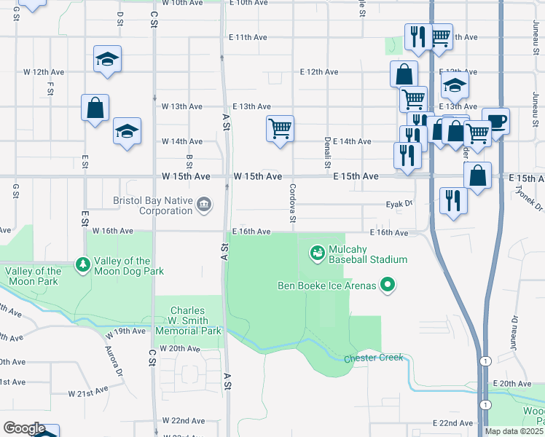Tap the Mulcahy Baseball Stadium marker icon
(317, 253)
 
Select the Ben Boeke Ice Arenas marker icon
(388, 286)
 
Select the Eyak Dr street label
(399, 205)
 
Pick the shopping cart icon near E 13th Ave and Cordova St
(281, 129)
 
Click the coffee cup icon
(495, 121)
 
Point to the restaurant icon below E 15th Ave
(453, 199)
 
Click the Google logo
(24, 428)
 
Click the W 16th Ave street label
(113, 231)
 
